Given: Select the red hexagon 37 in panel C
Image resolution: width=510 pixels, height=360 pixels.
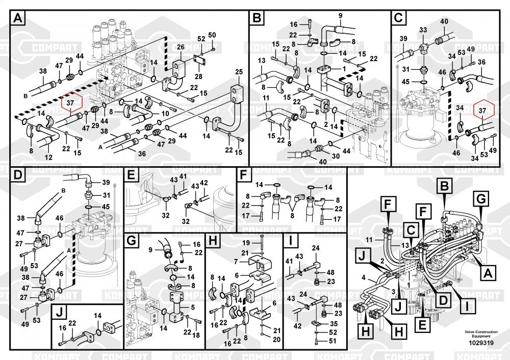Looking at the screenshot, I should tap(482, 109).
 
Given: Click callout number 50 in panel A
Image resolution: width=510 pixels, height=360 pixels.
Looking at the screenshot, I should tap(212, 35).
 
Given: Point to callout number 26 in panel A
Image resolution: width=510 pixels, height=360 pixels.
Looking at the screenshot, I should tap(180, 47).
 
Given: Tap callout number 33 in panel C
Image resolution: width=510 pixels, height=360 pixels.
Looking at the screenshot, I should tap(423, 31).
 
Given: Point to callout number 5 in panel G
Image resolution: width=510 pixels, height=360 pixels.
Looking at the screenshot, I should tap(193, 307).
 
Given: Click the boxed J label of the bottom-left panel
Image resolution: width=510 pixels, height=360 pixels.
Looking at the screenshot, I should tap(60, 312).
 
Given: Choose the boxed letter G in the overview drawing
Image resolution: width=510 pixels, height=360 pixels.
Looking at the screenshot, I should tap(480, 198).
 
